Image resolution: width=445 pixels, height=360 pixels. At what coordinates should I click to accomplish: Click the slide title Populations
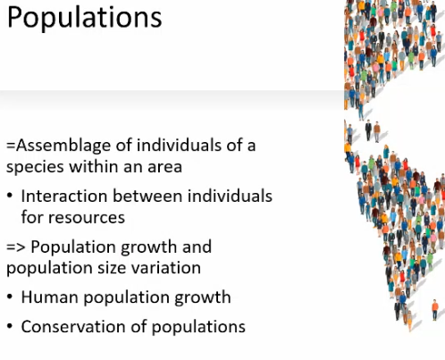coord(84,17)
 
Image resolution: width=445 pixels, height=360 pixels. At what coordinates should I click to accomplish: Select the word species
coord(35,168)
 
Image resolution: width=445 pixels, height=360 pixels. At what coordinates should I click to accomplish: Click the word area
coord(164,167)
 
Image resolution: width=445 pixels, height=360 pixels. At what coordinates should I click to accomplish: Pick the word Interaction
coord(64,197)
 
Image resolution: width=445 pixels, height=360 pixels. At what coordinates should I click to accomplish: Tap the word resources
coord(87,218)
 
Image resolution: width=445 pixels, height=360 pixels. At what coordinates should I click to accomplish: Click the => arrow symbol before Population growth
coord(16,247)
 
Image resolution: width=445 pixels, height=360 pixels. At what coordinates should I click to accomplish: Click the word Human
coord(50,297)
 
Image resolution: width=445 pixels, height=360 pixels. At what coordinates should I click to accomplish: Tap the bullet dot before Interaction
coord(10,197)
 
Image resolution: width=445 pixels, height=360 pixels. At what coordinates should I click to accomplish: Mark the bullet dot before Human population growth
coord(10,297)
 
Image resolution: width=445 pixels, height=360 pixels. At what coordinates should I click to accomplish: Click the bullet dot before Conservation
coord(10,327)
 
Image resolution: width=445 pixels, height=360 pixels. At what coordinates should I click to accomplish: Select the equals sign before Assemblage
coord(11,146)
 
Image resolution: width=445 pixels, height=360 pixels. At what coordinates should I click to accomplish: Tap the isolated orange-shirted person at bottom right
coord(435,310)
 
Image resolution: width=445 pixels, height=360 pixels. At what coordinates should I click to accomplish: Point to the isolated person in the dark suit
coord(368,130)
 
